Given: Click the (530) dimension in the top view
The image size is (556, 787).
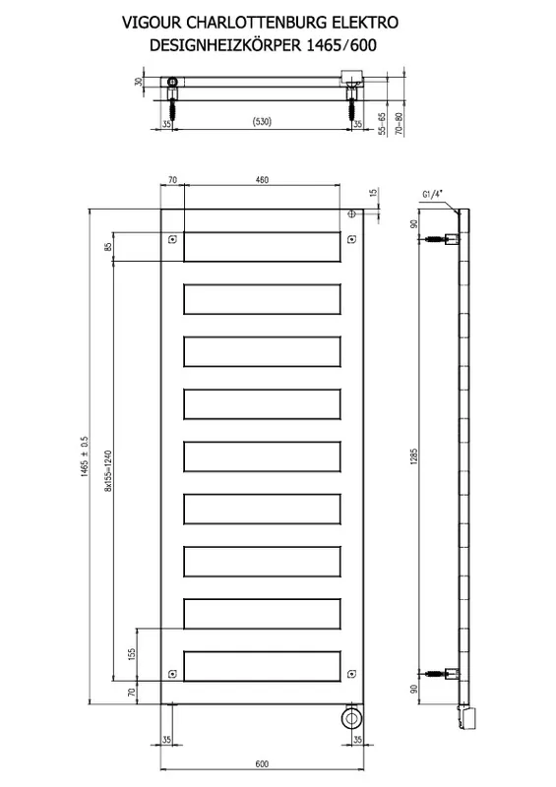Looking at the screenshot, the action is click(x=261, y=121).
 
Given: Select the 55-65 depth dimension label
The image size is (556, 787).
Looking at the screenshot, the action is click(x=382, y=124).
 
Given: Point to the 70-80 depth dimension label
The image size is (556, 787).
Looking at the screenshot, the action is click(x=399, y=124).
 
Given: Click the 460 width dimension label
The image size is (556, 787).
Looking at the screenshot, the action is click(x=262, y=180).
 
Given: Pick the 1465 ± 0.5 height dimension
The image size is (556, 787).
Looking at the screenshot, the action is click(x=84, y=455).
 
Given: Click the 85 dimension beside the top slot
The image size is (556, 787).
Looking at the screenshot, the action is click(x=107, y=247).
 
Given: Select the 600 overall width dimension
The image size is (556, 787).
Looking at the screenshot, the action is click(x=262, y=763).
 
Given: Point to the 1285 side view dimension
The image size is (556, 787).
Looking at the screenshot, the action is click(x=414, y=455).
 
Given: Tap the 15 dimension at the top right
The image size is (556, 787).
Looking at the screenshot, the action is click(x=373, y=192).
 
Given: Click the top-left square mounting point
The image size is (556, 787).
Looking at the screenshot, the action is click(x=172, y=240).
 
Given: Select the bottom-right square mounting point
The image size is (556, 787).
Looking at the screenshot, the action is click(x=351, y=674).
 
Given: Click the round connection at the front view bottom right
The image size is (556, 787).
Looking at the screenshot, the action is click(x=351, y=718).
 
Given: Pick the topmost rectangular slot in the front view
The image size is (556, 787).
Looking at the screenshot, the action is click(x=262, y=247).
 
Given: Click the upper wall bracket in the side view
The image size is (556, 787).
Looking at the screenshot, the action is click(x=442, y=239).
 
